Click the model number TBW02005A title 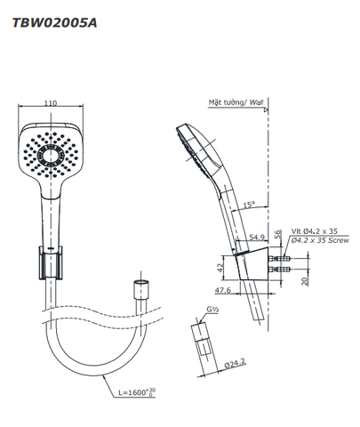(54, 23)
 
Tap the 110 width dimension (51, 103)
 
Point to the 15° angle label (249, 205)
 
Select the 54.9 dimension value (257, 237)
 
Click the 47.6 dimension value (223, 290)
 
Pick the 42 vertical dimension (220, 268)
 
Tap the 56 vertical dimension (277, 234)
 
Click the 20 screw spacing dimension (305, 280)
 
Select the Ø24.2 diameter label (235, 363)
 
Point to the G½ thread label (212, 310)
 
